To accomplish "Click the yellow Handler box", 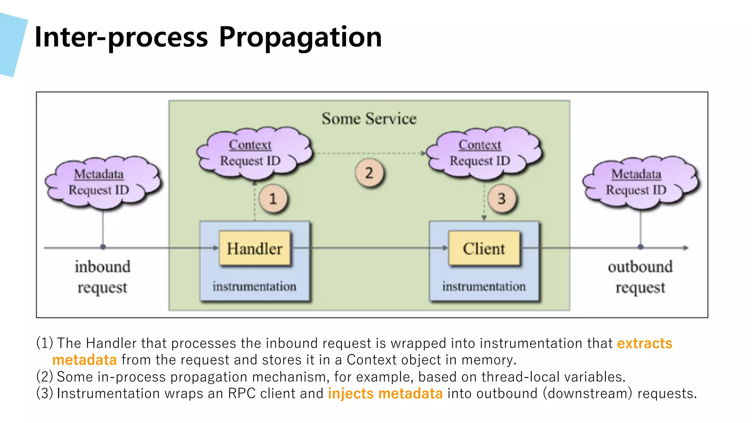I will (x=254, y=248).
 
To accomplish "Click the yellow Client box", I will (x=484, y=248).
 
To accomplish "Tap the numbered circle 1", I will (x=273, y=199).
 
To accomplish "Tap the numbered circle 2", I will (x=369, y=173).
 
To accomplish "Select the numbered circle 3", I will (x=502, y=199).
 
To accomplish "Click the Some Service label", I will (x=369, y=119).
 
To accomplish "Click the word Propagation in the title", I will (x=300, y=37).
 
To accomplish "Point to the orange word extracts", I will (x=644, y=343).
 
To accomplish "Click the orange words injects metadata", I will (x=385, y=394).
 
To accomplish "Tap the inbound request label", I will (x=102, y=277).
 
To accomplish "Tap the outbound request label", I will (x=640, y=277).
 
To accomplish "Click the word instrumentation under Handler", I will (x=254, y=286).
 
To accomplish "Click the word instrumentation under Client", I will (x=484, y=286).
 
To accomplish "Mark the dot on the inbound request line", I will (x=103, y=247).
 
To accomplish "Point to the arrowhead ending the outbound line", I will (x=686, y=248).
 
